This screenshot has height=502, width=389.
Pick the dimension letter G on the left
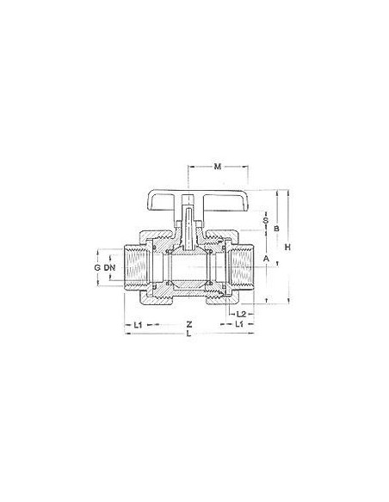click(x=98, y=268)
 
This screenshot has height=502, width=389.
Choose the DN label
click(x=109, y=268)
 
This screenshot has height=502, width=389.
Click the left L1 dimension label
click(x=138, y=324)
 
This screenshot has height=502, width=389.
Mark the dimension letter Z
click(x=188, y=324)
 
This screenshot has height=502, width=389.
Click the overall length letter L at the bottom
click(x=188, y=335)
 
